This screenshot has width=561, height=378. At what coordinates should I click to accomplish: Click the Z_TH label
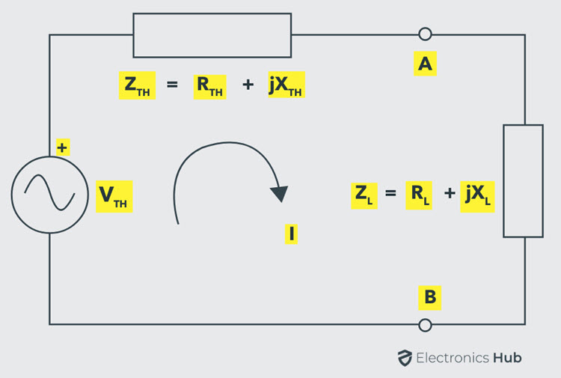point(137,85)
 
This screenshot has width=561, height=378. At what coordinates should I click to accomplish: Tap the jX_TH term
point(286,85)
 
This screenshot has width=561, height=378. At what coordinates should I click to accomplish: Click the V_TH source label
point(114,197)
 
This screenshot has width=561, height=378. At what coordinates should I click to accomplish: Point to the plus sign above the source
point(63,147)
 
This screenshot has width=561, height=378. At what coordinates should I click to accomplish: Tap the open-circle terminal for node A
point(425,34)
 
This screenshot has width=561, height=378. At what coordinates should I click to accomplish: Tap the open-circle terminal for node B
point(425,325)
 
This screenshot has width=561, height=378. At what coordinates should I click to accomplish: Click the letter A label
point(425,64)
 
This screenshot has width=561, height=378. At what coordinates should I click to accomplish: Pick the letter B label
point(429,297)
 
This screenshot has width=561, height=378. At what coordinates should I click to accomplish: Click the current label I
point(291,234)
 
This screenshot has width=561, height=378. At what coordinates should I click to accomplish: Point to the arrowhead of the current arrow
point(280,194)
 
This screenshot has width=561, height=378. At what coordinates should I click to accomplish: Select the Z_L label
point(364,196)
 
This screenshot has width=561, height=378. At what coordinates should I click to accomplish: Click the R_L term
point(419,195)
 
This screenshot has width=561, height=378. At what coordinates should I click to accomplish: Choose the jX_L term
point(477,197)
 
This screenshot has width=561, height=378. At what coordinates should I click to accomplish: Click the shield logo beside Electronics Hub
point(405,358)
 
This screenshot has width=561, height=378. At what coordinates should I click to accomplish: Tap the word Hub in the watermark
point(507,358)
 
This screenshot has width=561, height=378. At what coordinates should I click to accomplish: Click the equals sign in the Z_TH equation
point(172,85)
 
